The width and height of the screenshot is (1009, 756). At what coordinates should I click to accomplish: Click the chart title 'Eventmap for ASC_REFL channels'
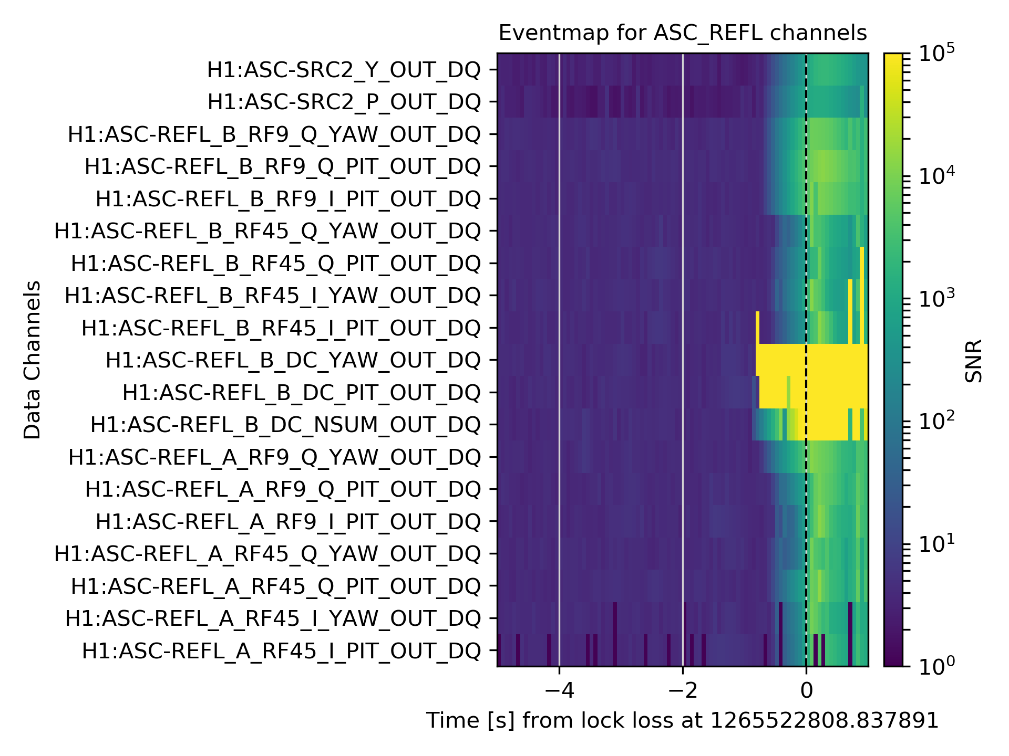tap(682, 33)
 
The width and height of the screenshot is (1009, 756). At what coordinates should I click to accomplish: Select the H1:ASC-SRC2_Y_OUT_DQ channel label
tap(344, 70)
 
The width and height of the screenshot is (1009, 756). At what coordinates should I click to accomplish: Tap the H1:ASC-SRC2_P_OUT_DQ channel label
tap(344, 102)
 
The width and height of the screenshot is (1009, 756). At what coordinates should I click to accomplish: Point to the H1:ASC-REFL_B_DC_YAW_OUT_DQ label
tap(293, 361)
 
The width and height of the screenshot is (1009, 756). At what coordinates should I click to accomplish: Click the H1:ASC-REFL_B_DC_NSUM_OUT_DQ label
tap(285, 425)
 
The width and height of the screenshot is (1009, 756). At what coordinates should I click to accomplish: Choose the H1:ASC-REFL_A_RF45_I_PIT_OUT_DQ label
tap(281, 651)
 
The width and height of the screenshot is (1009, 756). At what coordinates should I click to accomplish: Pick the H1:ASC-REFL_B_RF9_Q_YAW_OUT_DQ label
tap(274, 134)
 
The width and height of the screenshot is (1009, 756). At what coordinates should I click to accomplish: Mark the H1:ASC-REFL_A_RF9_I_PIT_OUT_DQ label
tap(288, 522)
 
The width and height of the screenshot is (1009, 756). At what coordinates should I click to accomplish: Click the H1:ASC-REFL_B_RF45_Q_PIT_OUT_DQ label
tap(276, 264)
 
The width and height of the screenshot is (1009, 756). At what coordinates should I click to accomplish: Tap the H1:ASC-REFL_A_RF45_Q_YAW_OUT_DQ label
tap(267, 554)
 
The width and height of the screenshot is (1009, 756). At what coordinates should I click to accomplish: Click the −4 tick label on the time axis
tap(559, 690)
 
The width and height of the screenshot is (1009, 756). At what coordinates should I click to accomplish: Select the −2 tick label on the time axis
tap(682, 690)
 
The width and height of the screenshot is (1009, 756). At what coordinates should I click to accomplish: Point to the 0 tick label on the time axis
tap(806, 690)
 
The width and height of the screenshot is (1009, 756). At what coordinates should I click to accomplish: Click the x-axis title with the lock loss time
tap(682, 721)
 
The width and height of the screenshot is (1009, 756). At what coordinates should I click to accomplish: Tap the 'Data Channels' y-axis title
tap(32, 360)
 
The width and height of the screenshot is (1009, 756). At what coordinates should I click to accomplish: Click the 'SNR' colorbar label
tap(974, 361)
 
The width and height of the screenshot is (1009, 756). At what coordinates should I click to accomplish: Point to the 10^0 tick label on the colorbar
tap(936, 666)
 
